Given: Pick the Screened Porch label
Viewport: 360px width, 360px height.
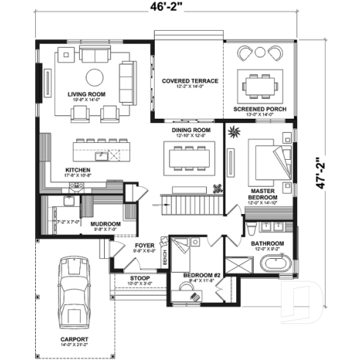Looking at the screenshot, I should (259, 109).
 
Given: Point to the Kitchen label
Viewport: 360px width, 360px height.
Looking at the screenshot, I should (78, 169).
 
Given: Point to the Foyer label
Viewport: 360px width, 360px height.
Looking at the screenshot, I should (144, 246).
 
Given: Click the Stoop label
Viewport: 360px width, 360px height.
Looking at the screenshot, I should (139, 279).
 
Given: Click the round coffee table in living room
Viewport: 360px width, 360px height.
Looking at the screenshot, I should (95, 77).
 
